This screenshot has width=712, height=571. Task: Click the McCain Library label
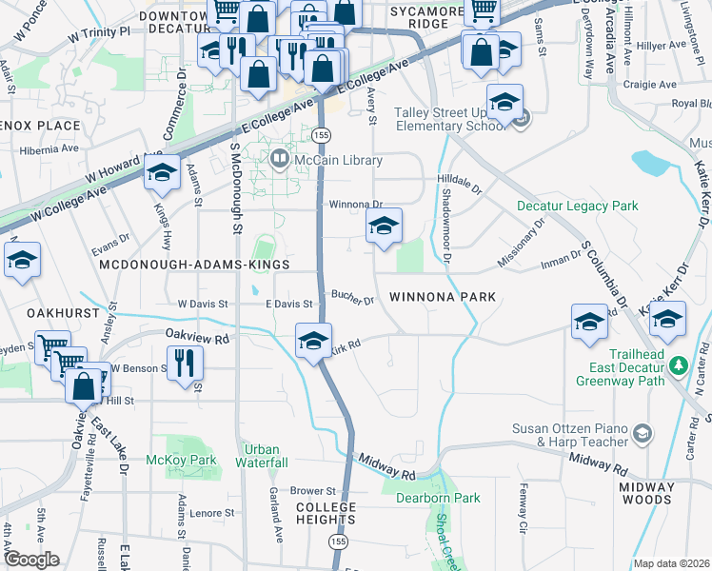(x=323, y=160)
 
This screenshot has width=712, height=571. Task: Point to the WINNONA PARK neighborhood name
(x=443, y=297)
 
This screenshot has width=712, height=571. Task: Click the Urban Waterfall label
(x=262, y=456)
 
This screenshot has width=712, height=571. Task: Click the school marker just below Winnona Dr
(x=384, y=226)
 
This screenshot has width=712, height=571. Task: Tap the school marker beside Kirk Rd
(x=312, y=341)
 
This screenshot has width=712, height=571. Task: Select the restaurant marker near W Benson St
(x=185, y=363)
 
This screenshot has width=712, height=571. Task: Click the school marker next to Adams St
(x=162, y=174)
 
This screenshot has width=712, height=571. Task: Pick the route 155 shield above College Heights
(x=338, y=541)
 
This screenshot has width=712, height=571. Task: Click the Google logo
(x=31, y=560)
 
